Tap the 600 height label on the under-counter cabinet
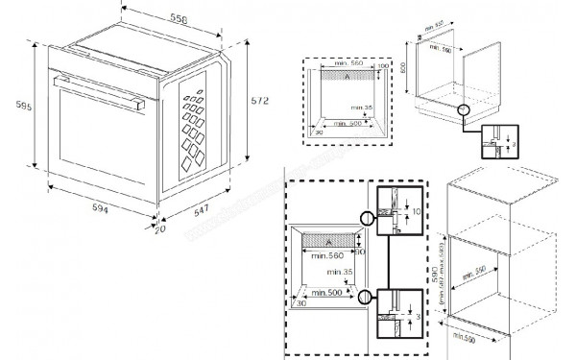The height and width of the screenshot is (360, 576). tap(405, 68)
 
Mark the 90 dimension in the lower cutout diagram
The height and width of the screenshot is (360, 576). tap(361, 252)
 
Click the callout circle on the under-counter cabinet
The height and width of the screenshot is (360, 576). tap(466, 109)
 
